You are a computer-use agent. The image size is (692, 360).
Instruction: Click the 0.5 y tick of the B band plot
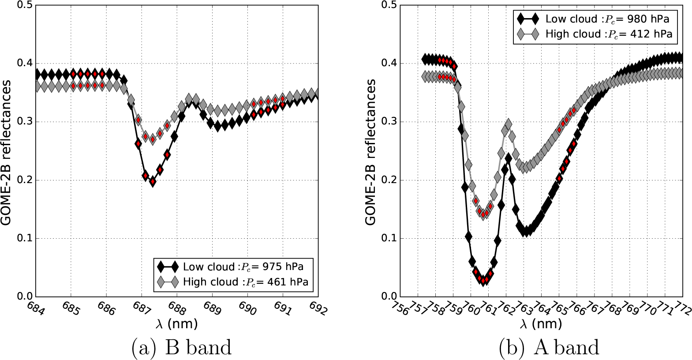(24, 5)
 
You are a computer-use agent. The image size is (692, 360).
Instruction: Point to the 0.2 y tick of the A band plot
(389, 180)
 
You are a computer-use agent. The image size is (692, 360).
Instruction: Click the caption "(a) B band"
(181, 348)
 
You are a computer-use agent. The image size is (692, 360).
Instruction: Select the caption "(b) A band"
(549, 348)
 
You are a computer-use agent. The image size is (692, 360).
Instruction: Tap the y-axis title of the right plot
(371, 152)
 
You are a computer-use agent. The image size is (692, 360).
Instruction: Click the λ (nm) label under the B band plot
(177, 324)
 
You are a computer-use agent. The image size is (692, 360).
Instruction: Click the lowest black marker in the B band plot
(153, 181)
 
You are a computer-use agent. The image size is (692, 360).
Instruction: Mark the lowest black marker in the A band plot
(484, 280)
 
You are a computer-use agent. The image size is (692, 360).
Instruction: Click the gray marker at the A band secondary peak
(508, 124)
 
